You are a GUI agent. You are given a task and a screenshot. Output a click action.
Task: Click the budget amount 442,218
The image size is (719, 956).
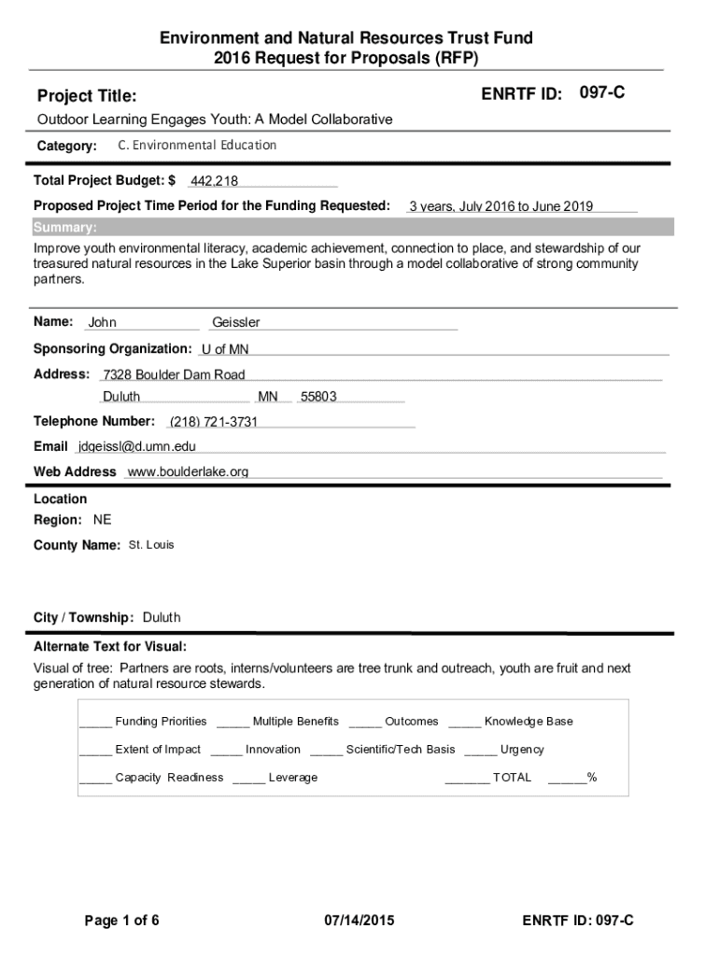point(214,181)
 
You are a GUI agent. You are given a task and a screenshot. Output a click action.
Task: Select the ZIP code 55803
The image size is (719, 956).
point(318,397)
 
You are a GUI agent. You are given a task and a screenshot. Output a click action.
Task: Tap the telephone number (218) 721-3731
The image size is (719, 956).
point(213,422)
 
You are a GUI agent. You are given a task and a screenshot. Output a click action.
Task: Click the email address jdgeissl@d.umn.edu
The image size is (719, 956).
point(137,447)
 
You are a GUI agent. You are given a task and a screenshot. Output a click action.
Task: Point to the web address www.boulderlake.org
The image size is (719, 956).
point(188,472)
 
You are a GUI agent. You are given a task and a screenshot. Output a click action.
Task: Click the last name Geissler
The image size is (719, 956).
point(236,323)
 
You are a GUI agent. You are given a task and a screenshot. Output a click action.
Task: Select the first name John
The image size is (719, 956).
point(103,323)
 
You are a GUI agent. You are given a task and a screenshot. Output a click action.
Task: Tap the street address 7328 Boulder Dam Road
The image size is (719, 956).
point(174,375)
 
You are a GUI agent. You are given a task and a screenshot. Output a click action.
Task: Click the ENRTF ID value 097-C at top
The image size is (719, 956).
point(602,93)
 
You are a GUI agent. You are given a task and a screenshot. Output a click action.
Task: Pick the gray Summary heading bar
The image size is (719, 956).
point(352,228)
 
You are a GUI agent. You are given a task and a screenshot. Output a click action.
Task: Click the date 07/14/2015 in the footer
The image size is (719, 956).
point(359,921)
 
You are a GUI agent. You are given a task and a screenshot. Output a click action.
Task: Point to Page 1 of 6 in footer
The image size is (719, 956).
point(122,921)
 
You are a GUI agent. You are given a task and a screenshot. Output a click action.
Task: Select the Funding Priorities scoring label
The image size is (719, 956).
point(161,722)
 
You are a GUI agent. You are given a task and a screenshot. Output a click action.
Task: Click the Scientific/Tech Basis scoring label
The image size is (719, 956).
point(401,750)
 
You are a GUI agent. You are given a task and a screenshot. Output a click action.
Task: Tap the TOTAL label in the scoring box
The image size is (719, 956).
point(512,778)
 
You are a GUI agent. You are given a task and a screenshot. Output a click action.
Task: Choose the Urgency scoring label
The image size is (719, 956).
point(522,750)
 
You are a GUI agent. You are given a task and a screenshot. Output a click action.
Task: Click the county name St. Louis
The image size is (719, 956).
point(151,545)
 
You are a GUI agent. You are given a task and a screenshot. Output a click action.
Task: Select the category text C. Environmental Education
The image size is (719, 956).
point(197,146)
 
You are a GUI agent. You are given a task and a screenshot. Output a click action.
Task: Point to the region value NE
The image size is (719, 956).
point(102,520)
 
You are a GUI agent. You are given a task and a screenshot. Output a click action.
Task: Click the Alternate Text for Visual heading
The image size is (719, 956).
point(110,647)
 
